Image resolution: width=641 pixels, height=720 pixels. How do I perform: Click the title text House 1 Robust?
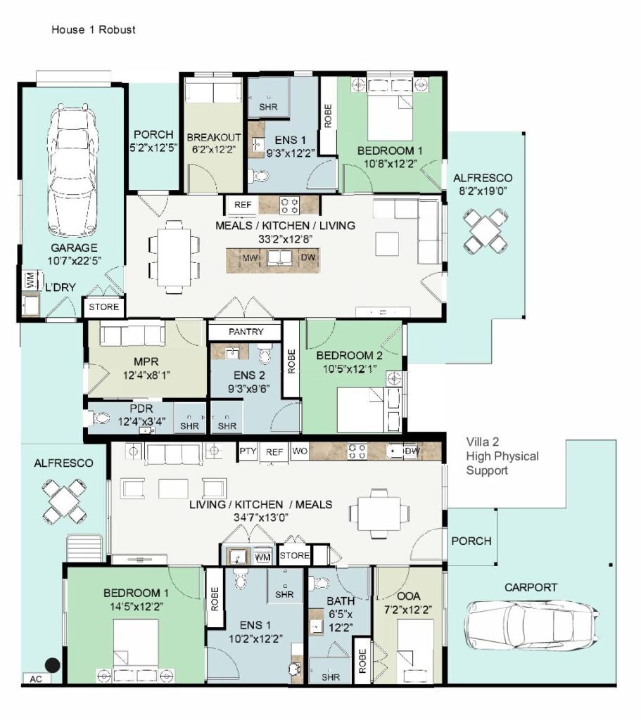pyautogui.click(x=94, y=30)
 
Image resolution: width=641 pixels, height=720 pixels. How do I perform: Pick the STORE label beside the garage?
pyautogui.click(x=104, y=307)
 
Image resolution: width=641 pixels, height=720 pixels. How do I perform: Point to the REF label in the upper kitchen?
pyautogui.click(x=243, y=205)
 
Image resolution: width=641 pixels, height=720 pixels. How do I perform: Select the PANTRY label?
pyautogui.click(x=246, y=331)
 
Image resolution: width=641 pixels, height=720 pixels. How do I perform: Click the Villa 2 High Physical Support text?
pyautogui.click(x=502, y=456)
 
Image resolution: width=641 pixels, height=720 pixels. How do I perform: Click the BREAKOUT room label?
pyautogui.click(x=214, y=137)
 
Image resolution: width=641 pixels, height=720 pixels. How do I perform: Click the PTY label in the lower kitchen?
pyautogui.click(x=248, y=451)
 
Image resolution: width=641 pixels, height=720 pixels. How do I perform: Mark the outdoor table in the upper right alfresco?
pyautogui.click(x=486, y=230)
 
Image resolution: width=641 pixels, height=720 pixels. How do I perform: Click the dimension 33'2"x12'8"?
pyautogui.click(x=284, y=238)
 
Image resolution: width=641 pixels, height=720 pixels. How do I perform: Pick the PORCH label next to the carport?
pyautogui.click(x=471, y=541)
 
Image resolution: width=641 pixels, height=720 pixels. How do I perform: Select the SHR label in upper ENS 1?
pyautogui.click(x=268, y=107)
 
